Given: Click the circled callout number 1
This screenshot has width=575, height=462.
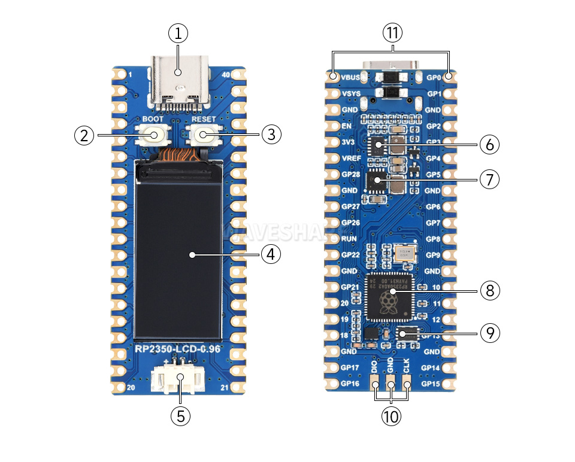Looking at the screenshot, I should click(178, 34).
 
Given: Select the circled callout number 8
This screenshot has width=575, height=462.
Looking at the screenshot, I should click(489, 290).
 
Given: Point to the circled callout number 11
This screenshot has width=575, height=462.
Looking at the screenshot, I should click(392, 34).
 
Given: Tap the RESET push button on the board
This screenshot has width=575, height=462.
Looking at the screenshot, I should click(204, 135).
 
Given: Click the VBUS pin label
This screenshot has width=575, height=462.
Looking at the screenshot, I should click(351, 78).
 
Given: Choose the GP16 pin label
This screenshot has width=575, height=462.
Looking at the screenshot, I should click(350, 384).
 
